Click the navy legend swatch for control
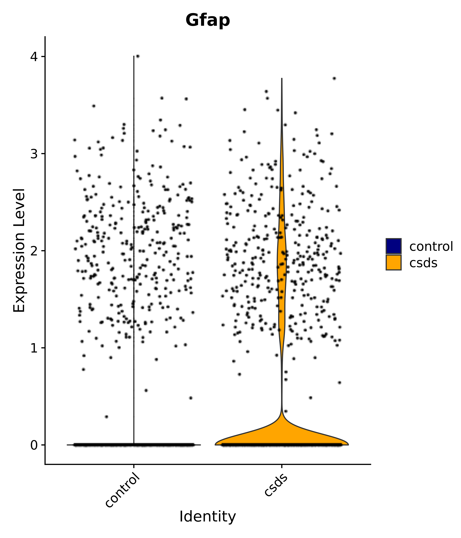pos(393,246)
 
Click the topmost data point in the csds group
pos(334,78)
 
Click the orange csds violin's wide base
pos(282,436)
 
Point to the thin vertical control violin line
pos(134,208)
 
